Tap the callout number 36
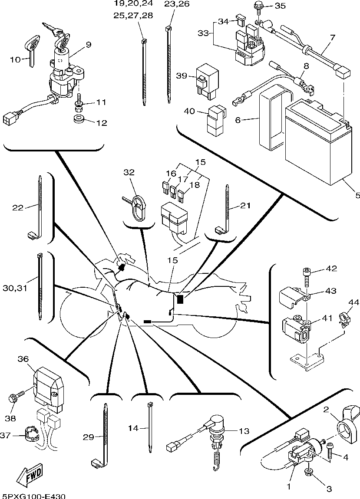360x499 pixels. coord(23,359)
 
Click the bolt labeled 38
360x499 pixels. coord(13,398)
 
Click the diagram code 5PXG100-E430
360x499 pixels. coord(34,496)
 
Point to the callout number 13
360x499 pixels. coord(244,430)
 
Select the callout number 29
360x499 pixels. coord(88,437)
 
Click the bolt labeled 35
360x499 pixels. coord(257,7)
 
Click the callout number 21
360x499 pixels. coord(245,206)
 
